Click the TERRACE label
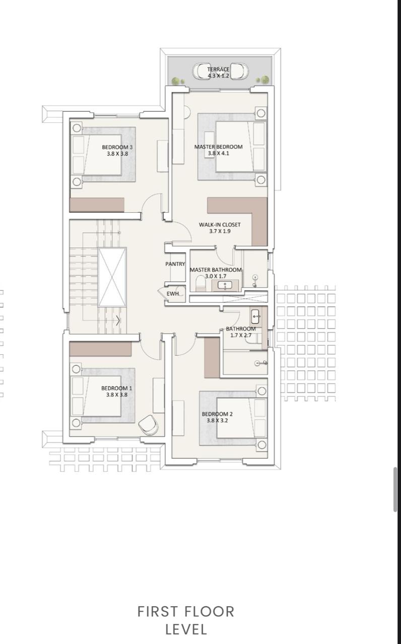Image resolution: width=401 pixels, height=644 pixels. click(218, 69)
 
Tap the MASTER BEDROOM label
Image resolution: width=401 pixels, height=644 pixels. click(218, 147)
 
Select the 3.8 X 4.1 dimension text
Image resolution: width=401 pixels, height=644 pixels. click(219, 153)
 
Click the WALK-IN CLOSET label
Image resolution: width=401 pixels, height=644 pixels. click(220, 224)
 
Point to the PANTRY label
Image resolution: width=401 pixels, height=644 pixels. click(175, 264)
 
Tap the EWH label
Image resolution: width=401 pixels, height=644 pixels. click(173, 294)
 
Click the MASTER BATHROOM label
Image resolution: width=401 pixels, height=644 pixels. click(216, 270)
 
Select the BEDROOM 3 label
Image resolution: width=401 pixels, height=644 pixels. click(117, 147)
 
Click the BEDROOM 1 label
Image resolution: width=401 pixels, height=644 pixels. click(116, 388)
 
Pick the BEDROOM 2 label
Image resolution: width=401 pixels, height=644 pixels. click(217, 414)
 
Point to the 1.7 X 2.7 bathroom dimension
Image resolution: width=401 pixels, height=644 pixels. click(241, 335)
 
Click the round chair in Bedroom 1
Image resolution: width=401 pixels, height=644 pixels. click(148, 425)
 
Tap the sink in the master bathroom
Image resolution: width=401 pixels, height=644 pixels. click(225, 285)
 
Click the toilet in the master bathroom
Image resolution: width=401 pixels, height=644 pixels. click(200, 283)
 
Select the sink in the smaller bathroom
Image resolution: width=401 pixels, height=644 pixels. click(255, 317)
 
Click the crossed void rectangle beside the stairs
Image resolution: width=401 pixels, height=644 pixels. click(112, 277)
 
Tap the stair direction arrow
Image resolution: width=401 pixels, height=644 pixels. click(118, 320)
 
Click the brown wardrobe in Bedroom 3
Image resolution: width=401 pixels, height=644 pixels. click(97, 205)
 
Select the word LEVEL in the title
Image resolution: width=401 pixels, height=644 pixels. click(186, 629)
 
